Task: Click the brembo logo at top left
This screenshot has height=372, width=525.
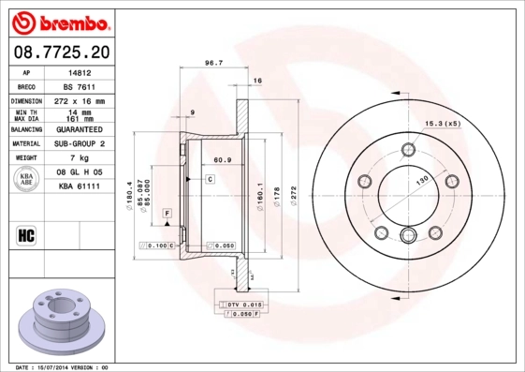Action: [x=58, y=21]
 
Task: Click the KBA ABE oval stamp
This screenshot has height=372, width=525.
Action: [x=27, y=180]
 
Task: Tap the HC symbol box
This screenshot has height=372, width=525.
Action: [x=26, y=234]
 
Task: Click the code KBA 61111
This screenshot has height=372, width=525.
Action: [x=79, y=187]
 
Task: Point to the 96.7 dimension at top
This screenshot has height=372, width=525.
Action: [x=213, y=64]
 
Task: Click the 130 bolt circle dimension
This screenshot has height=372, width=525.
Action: [x=421, y=179]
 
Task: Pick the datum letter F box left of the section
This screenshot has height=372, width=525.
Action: [x=166, y=215]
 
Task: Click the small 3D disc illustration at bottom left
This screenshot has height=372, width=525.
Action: [x=58, y=320]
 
